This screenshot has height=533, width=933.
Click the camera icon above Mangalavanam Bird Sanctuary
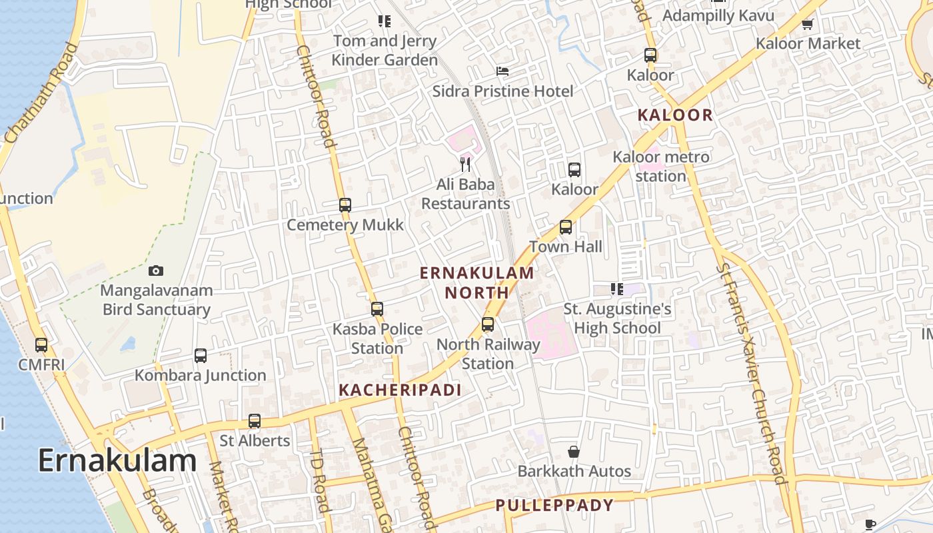pyautogui.click(x=156, y=270)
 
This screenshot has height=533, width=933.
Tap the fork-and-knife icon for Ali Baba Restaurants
pyautogui.click(x=465, y=163)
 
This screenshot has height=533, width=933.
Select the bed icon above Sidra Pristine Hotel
pyautogui.click(x=502, y=71)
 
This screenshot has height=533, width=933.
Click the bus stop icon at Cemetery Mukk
pyautogui.click(x=345, y=205)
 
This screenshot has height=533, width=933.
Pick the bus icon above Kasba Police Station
pyautogui.click(x=377, y=309)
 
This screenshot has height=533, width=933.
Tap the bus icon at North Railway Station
pyautogui.click(x=488, y=324)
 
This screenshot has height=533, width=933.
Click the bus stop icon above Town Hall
pyautogui.click(x=566, y=227)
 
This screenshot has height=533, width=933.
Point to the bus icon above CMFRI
pyautogui.click(x=41, y=345)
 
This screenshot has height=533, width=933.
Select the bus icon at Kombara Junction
pyautogui.click(x=201, y=356)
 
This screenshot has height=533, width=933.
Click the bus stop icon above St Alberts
pyautogui.click(x=255, y=421)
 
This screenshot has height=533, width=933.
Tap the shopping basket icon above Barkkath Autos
pyautogui.click(x=574, y=452)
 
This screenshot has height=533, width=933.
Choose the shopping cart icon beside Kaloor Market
pyautogui.click(x=808, y=25)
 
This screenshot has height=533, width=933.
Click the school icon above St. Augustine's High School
pyautogui.click(x=617, y=289)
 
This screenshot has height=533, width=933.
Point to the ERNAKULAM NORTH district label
pyautogui.click(x=477, y=282)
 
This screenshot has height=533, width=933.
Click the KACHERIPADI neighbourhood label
pyautogui.click(x=400, y=390)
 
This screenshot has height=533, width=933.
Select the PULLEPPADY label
pyautogui.click(x=554, y=505)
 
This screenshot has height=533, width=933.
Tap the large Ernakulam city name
pyautogui.click(x=117, y=460)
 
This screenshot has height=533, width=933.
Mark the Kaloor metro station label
pyautogui.click(x=661, y=167)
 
